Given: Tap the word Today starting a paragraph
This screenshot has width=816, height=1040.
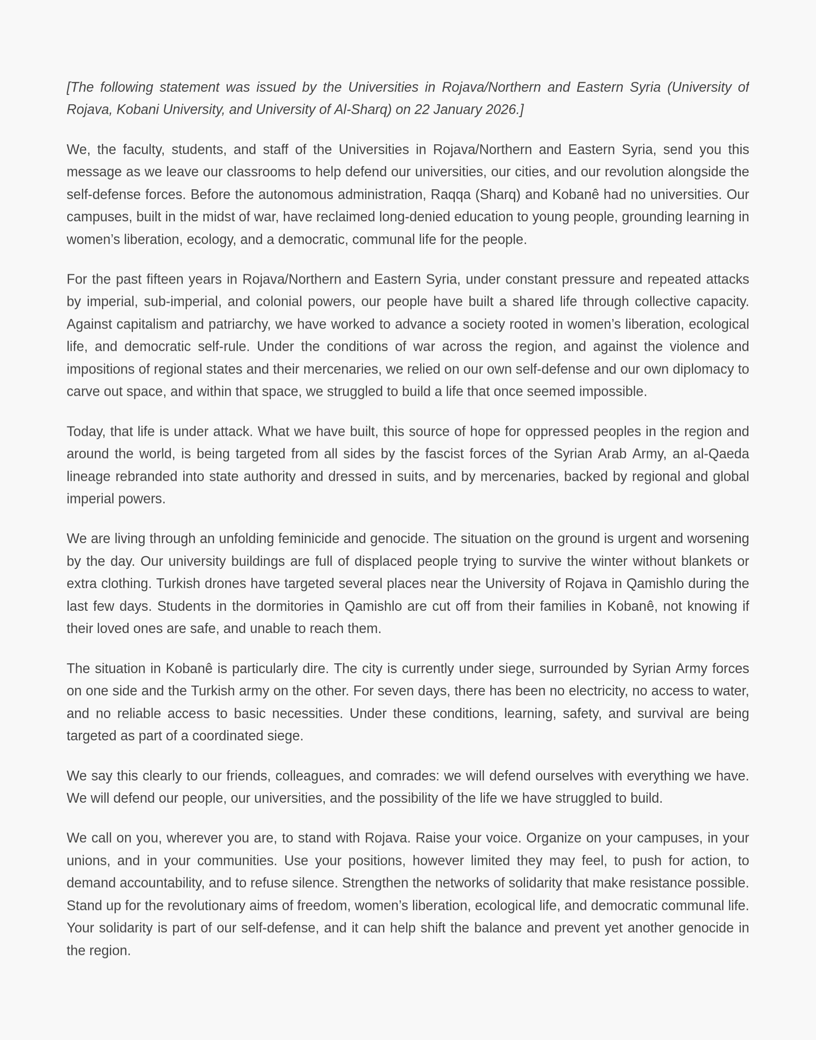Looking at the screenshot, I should coord(86,431).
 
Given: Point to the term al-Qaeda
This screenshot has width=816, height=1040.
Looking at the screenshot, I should coord(721,454).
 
